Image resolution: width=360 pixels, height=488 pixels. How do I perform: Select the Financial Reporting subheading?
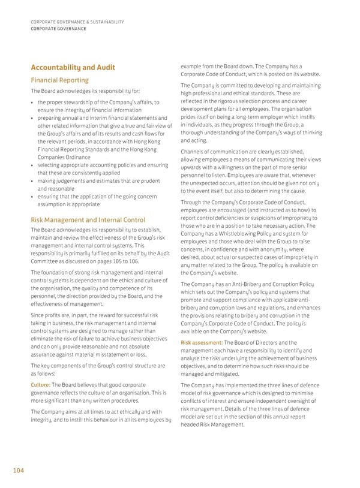[59, 80]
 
